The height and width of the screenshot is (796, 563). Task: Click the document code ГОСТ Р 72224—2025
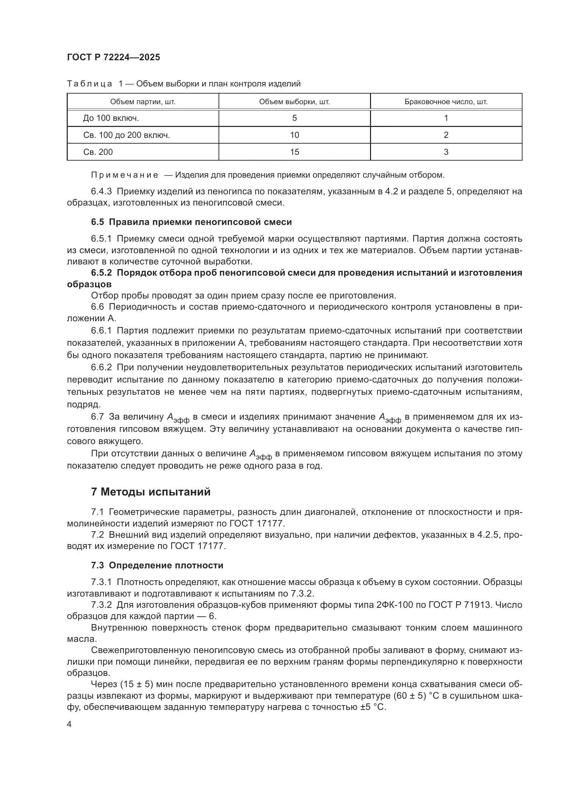[x=113, y=58]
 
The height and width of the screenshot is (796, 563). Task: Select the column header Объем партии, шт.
[x=143, y=102]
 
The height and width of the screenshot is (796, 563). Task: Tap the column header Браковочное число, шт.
[x=446, y=102]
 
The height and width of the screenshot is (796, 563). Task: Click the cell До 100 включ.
[x=111, y=118]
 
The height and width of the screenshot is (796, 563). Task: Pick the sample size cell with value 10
[x=294, y=135]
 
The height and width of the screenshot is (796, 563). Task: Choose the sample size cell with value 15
[x=294, y=152]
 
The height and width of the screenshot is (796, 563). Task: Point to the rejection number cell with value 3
[x=446, y=152]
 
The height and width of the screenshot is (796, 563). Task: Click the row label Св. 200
[x=98, y=152]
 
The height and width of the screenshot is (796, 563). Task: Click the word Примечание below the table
[x=125, y=175]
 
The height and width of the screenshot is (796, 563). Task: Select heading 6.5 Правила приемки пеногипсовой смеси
[x=191, y=222]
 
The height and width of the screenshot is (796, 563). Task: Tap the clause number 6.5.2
[x=101, y=273]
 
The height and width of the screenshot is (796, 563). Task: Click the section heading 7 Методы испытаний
[x=151, y=492]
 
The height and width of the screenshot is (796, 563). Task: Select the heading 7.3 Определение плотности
[x=157, y=566]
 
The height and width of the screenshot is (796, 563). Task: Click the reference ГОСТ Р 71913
[x=460, y=605]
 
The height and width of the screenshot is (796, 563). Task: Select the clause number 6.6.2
[x=101, y=368]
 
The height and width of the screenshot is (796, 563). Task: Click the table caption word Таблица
[x=90, y=84]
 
